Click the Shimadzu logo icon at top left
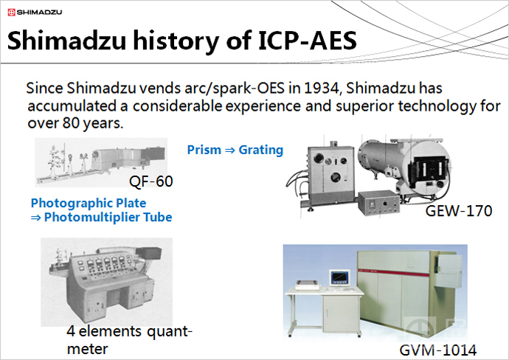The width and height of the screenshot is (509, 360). click(x=11, y=13)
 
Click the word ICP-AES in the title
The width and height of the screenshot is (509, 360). click(x=308, y=41)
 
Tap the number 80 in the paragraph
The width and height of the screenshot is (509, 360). click(x=71, y=123)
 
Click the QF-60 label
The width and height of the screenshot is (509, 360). click(x=151, y=181)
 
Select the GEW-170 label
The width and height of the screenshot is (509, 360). click(x=459, y=211)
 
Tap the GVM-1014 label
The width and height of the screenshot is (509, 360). click(x=438, y=350)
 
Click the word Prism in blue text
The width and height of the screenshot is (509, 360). click(x=204, y=150)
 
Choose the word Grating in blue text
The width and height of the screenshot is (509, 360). click(x=261, y=150)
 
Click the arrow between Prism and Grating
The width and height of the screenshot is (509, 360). click(x=230, y=150)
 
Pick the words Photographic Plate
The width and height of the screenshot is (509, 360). click(x=89, y=203)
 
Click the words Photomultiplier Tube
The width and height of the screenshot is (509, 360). click(x=108, y=217)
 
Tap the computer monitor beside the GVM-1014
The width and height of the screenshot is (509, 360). click(x=340, y=278)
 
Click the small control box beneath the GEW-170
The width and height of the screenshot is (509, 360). click(x=379, y=203)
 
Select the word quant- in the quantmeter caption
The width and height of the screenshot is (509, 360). click(x=170, y=332)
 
